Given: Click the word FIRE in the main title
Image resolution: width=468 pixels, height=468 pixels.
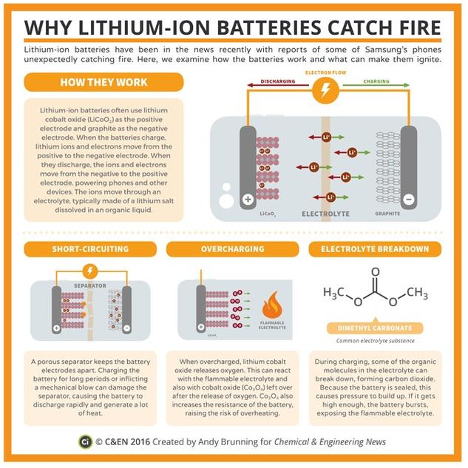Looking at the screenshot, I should [x=411, y=27].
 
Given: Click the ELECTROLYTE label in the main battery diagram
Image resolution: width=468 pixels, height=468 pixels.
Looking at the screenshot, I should [x=324, y=213].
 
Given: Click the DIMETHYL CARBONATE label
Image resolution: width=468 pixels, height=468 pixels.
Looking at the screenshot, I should [x=369, y=329].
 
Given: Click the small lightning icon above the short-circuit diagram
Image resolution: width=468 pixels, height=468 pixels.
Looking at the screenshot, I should [x=90, y=271].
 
